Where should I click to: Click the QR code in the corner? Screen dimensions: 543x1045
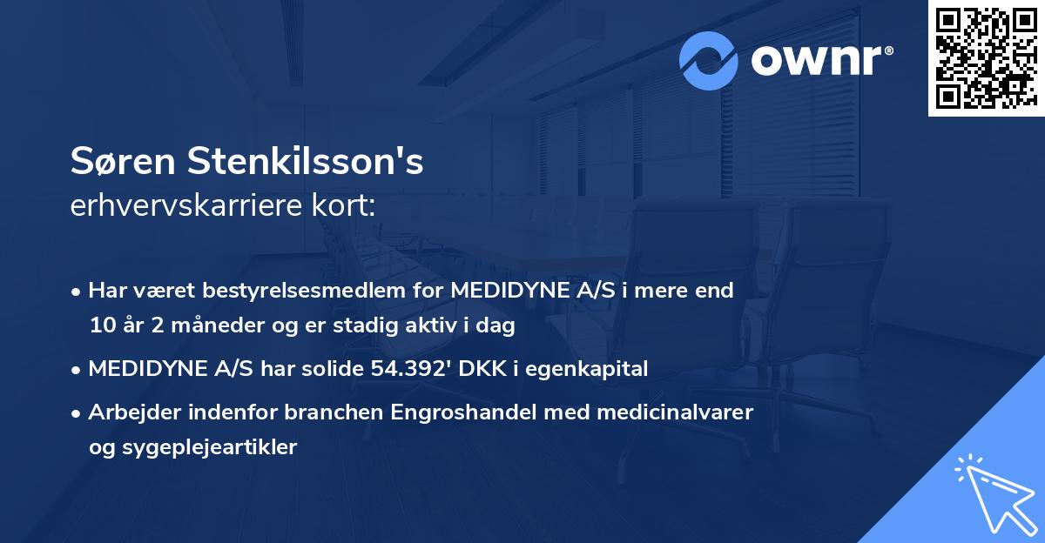click(986, 57)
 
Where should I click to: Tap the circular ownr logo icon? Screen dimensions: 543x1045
click(709, 60)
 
